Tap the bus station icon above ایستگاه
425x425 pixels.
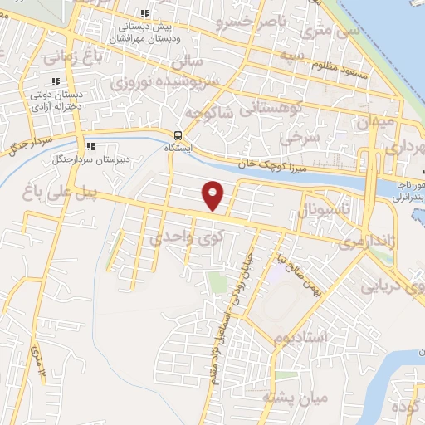click(178, 135)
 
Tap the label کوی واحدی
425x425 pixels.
click(181, 237)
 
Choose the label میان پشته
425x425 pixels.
click(296, 398)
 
